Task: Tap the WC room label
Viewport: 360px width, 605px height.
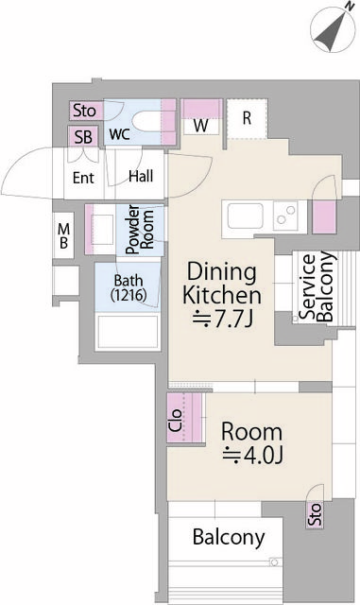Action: pyautogui.click(x=120, y=134)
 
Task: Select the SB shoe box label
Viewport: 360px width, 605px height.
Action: pyautogui.click(x=83, y=137)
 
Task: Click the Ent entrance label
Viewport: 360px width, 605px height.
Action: pyautogui.click(x=83, y=178)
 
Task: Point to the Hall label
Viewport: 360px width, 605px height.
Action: pyautogui.click(x=141, y=177)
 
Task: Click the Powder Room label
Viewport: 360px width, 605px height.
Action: pyautogui.click(x=140, y=230)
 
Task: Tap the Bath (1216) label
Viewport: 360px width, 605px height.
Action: pyautogui.click(x=129, y=287)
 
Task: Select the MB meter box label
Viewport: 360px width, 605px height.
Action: pyautogui.click(x=63, y=235)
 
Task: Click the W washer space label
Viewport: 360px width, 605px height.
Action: pyautogui.click(x=201, y=126)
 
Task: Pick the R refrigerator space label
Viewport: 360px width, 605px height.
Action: pyautogui.click(x=247, y=117)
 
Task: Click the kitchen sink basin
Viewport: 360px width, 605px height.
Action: pyautogui.click(x=245, y=216)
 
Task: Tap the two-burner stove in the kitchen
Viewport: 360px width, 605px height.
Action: pyautogui.click(x=286, y=216)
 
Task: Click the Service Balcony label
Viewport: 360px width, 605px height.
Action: pyautogui.click(x=317, y=286)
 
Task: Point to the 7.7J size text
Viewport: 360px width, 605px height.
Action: pyautogui.click(x=223, y=319)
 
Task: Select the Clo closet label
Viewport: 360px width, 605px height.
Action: pyautogui.click(x=175, y=420)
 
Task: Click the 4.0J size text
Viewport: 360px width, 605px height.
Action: pyautogui.click(x=252, y=456)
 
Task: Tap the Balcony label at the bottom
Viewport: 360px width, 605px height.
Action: pyautogui.click(x=229, y=537)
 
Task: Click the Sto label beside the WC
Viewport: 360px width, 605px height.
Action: pyautogui.click(x=84, y=111)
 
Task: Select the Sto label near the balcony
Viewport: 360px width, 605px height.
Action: pyautogui.click(x=315, y=514)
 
